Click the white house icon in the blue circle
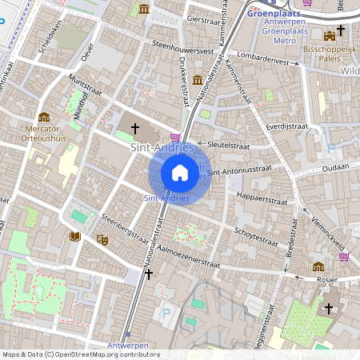tap(180, 172)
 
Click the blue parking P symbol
tap(166, 314)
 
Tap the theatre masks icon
tap(102, 238)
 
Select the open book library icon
tap(75, 236)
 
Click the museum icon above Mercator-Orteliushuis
tap(44, 117)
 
